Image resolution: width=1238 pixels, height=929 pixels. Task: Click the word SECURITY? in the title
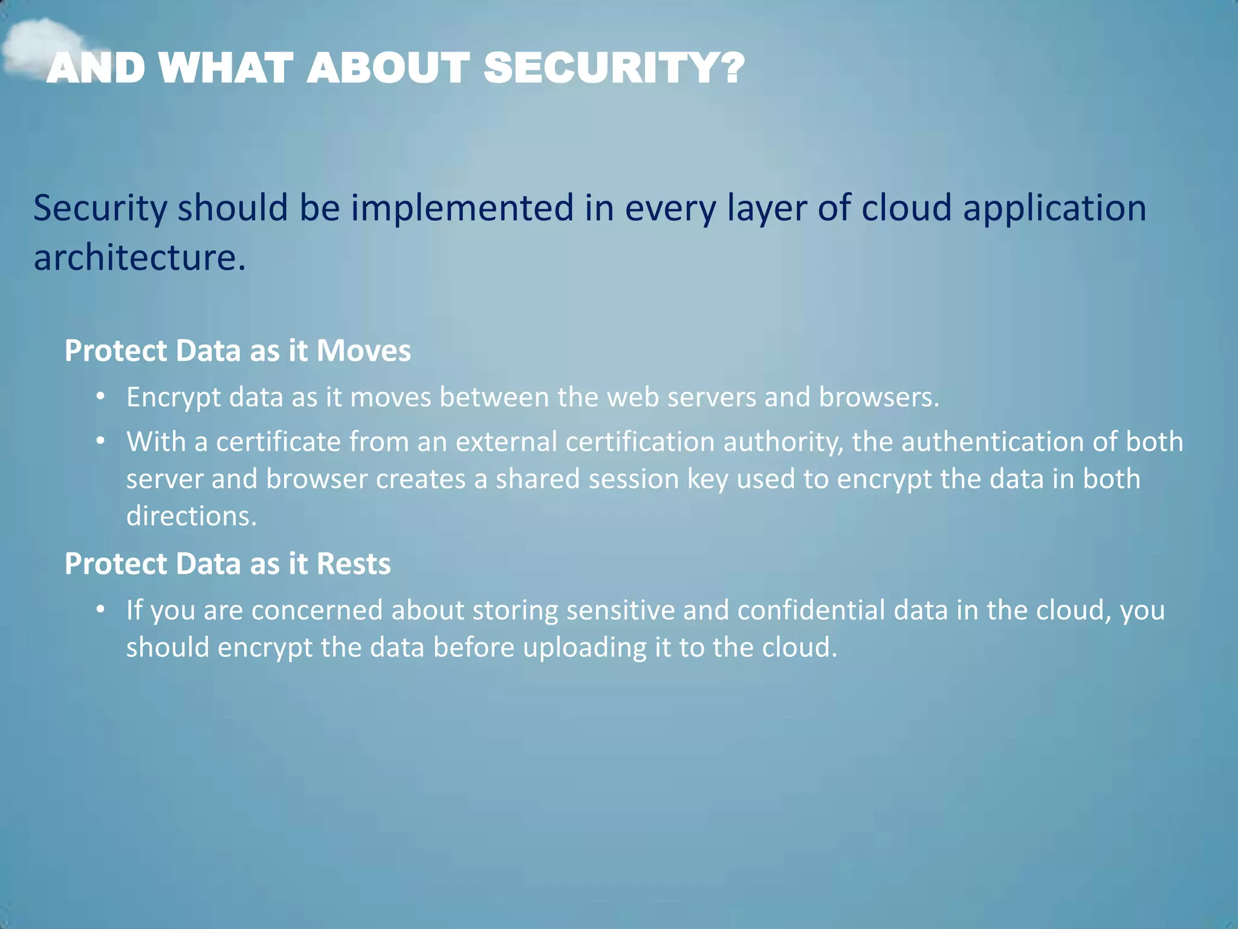614,68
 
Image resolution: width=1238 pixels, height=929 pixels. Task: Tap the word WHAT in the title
226,68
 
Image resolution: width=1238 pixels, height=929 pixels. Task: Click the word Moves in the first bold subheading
364,351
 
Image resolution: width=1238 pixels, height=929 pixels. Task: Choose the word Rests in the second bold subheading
354,564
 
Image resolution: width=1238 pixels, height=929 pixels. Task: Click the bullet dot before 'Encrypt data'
101,397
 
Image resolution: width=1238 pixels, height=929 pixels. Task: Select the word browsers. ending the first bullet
879,397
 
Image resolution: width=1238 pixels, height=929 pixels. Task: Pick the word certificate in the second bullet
278,442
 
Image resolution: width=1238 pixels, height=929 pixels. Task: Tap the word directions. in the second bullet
192,517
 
